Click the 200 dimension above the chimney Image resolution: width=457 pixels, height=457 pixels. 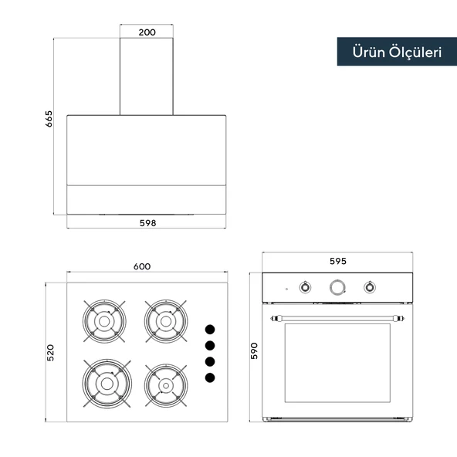[147, 32]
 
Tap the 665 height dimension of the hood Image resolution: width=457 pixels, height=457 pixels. [49, 119]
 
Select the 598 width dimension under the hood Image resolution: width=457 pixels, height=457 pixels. [147, 223]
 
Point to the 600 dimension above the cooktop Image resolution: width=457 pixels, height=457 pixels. [142, 266]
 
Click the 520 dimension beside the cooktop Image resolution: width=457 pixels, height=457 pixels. [50, 353]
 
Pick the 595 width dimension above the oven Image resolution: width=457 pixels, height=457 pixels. [338, 261]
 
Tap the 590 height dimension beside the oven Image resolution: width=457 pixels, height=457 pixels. [254, 351]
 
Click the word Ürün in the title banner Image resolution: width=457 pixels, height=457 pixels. [368, 52]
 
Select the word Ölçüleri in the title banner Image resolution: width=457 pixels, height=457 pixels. [415, 52]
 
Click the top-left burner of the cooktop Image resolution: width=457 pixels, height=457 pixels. [104, 321]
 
